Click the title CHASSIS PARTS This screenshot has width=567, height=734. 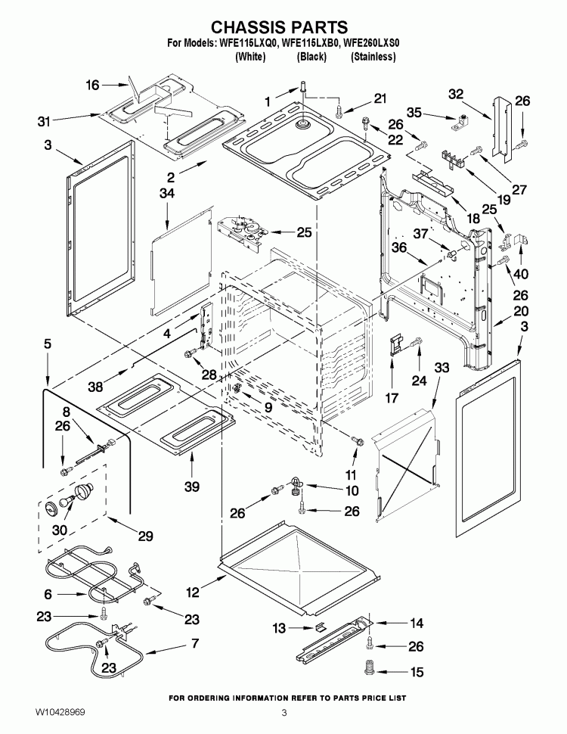tap(283, 29)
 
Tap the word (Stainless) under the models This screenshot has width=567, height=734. tap(373, 57)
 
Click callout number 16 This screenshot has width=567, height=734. tap(92, 86)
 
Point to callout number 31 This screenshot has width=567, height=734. tap(45, 120)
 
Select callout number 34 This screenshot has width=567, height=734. tap(167, 194)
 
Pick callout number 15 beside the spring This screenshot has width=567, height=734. tap(416, 671)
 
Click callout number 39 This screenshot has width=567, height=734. tap(191, 486)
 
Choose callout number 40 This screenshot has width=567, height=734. tap(521, 273)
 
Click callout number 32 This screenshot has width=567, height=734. tap(455, 95)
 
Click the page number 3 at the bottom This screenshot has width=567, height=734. tap(284, 714)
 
